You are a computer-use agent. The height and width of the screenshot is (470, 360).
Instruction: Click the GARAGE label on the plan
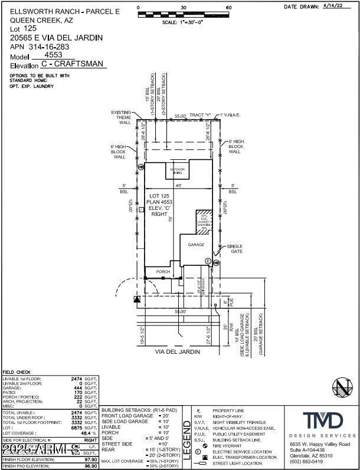point(195,244)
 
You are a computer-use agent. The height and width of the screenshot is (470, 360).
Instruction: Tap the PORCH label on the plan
point(163,272)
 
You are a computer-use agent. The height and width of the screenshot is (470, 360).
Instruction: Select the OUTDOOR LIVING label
point(178,171)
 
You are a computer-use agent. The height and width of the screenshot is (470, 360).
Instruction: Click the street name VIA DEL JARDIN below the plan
point(178,351)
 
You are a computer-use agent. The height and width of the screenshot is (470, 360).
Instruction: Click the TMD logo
point(322,421)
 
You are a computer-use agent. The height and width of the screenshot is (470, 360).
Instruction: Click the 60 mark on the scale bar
point(228,8)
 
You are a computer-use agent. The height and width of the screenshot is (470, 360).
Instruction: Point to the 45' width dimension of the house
point(178,186)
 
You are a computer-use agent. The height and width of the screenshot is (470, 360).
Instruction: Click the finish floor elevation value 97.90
point(89,459)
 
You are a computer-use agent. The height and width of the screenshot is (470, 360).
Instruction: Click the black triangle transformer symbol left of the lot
point(137,300)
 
